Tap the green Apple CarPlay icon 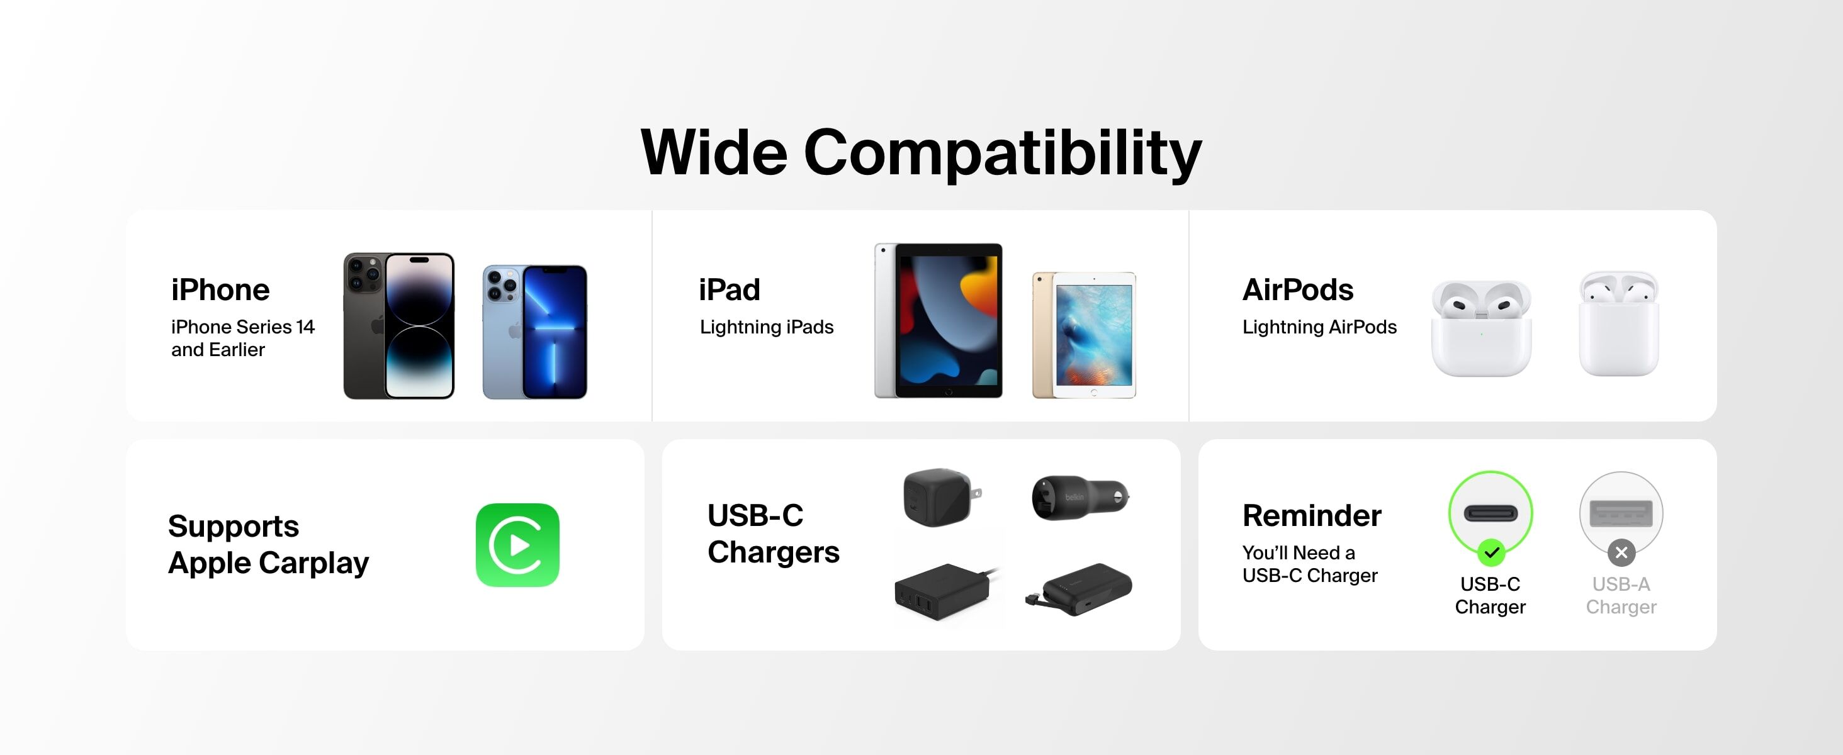pos(517,545)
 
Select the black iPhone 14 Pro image pos(398,325)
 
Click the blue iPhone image pos(534,332)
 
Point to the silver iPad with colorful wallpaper pos(938,320)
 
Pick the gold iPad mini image pos(1084,335)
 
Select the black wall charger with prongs pos(942,498)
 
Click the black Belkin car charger pos(1080,497)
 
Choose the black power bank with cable pos(1079,590)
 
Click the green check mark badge pos(1491,552)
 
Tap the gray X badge pos(1621,552)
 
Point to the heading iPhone pos(220,289)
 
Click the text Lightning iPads pos(766,327)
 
